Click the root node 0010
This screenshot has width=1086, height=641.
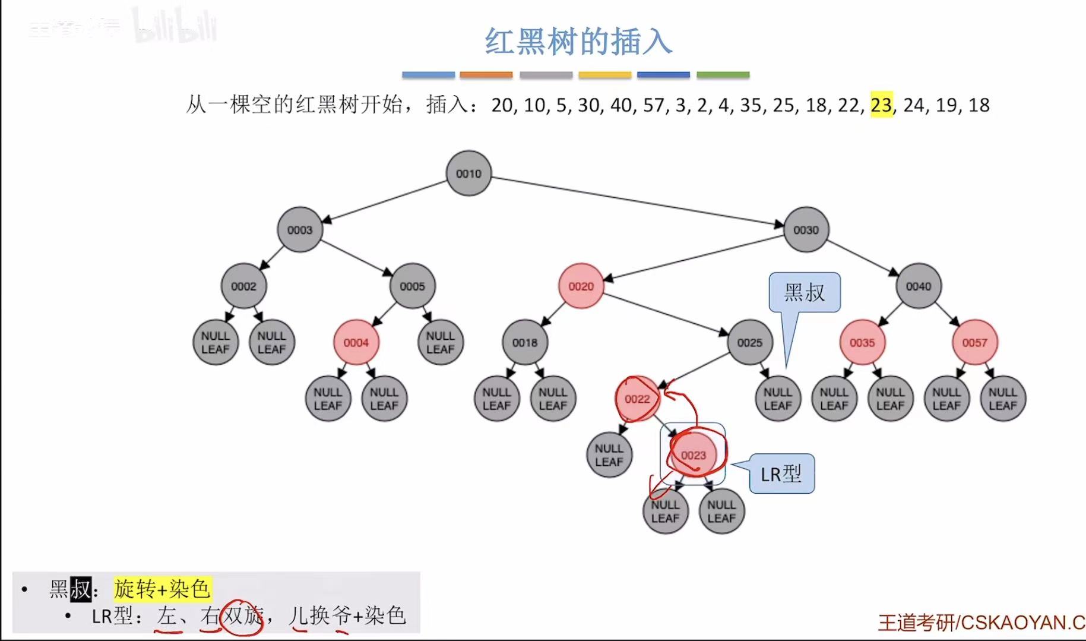click(468, 173)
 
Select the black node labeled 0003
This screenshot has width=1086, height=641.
click(299, 230)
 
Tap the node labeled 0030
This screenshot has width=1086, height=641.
click(806, 230)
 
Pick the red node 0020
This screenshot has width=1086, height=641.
click(581, 286)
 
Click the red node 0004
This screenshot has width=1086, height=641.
click(356, 343)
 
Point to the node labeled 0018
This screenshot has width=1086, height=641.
click(525, 343)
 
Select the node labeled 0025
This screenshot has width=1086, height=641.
click(749, 343)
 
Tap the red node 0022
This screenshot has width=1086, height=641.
click(637, 399)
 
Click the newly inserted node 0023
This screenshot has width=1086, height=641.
click(693, 455)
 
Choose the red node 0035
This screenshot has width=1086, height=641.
click(862, 343)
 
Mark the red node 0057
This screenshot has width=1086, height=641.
click(974, 343)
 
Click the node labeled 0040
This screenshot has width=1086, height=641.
click(918, 286)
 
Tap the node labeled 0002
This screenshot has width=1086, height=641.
click(243, 286)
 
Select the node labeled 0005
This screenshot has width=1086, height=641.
click(412, 286)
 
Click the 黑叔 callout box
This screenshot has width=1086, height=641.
click(805, 292)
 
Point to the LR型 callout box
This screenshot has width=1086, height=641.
click(781, 474)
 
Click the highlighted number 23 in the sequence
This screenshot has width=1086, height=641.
click(881, 105)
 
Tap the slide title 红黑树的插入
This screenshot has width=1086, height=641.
click(578, 42)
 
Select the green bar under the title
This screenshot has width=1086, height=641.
click(723, 75)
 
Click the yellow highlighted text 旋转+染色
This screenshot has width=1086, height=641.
click(162, 589)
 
